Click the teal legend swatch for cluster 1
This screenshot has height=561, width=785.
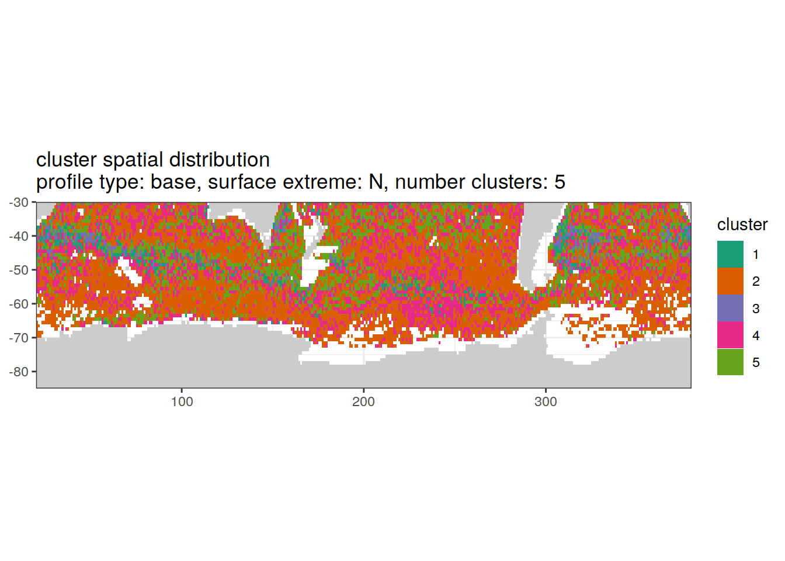coord(730,254)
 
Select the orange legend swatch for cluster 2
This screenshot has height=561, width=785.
coord(730,281)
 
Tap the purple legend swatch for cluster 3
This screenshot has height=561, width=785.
coord(730,308)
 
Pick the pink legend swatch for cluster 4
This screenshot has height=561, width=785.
coord(730,335)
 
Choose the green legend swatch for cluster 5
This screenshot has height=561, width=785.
coord(730,362)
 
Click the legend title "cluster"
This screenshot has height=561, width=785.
coord(742,224)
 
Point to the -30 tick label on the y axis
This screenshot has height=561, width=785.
coord(19,202)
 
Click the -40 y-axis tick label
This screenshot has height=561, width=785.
coord(19,236)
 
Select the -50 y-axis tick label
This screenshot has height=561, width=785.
coord(19,270)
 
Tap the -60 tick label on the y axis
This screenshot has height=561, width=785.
coord(19,304)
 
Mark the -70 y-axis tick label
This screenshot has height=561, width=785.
coord(19,338)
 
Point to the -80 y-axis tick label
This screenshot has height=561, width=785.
coord(19,372)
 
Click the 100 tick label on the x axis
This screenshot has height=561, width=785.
coord(182,402)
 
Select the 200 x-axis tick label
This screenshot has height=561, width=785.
coord(363,402)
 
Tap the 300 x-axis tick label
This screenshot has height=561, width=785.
coord(546,402)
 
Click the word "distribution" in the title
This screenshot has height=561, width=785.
coord(220,160)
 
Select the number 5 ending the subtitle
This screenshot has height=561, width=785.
coord(560,182)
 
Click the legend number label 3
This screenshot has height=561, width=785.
coord(756,309)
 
